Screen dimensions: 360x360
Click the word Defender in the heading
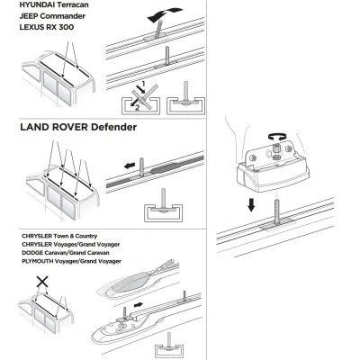click(x=113, y=127)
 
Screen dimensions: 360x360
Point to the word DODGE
click(x=32, y=253)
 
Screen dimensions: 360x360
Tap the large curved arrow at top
click(x=165, y=15)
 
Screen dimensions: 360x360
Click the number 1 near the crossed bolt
click(x=143, y=83)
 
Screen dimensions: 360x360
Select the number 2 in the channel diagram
click(x=137, y=108)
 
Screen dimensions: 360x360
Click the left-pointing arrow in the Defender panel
click(x=130, y=166)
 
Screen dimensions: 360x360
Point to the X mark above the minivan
click(x=42, y=282)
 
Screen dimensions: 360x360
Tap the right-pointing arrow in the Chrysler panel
click(x=139, y=305)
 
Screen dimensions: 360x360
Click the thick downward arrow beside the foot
click(x=251, y=205)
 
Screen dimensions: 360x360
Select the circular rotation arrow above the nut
click(x=276, y=137)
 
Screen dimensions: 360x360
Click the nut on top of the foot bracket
click(x=275, y=148)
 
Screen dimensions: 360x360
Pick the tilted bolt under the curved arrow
click(x=158, y=30)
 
